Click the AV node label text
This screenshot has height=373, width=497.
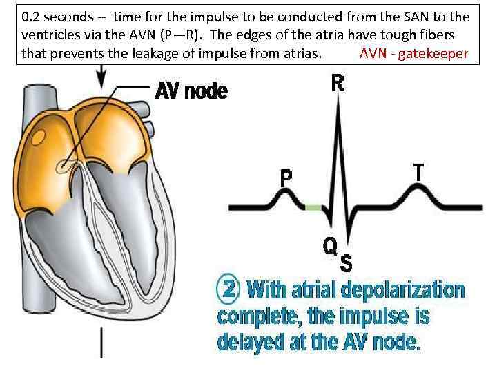[x=191, y=90]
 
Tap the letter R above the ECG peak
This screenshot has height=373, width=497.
[x=338, y=84]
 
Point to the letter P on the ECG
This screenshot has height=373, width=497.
[x=286, y=179]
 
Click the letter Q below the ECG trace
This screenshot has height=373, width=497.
[x=331, y=246]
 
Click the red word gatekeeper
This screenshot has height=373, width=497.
[x=435, y=53]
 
